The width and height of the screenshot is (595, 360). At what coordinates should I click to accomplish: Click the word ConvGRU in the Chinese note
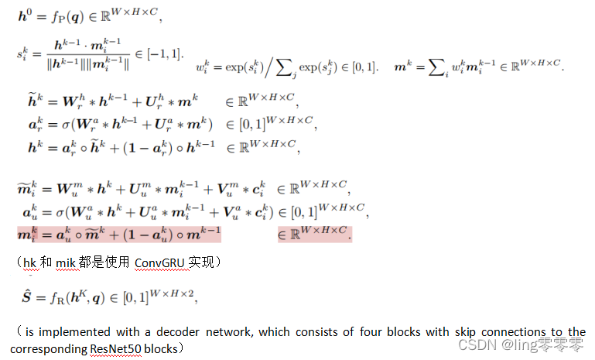tap(160, 264)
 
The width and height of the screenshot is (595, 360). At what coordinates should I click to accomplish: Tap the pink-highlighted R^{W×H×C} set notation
tap(315, 233)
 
